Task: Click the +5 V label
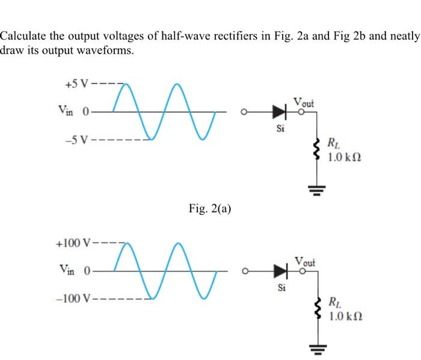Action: coord(76,83)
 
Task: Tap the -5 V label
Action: coord(76,142)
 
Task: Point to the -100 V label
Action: coord(72,299)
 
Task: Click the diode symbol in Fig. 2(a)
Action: coord(278,111)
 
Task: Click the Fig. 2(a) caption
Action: coord(209,208)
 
